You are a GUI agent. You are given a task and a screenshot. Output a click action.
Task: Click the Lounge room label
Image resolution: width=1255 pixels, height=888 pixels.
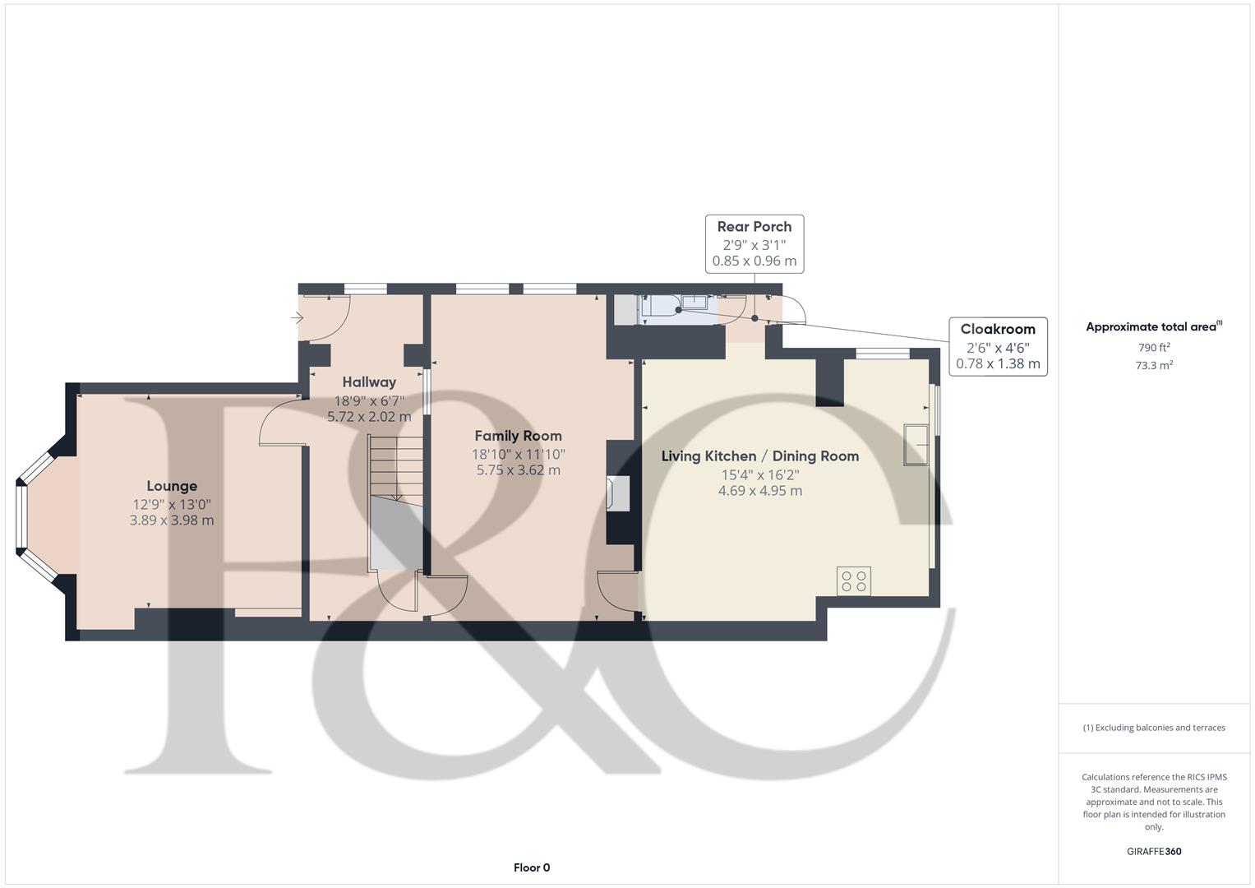click(172, 486)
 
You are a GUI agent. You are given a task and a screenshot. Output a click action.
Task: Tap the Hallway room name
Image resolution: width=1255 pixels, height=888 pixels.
click(369, 382)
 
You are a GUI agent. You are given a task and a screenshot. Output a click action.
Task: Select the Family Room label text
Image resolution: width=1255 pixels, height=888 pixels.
click(518, 436)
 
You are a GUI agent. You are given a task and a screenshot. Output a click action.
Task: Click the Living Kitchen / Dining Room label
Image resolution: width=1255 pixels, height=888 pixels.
click(759, 456)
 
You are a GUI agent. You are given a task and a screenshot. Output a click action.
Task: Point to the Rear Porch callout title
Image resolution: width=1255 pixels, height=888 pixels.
click(754, 226)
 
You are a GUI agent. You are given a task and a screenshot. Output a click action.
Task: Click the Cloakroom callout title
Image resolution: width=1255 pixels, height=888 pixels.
click(998, 329)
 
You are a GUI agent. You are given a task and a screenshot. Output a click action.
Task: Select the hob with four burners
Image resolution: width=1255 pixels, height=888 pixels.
click(854, 581)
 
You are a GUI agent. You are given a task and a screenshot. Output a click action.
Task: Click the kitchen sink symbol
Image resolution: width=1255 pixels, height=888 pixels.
click(917, 445)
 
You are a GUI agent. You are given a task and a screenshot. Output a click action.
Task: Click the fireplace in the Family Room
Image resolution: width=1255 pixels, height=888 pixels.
click(617, 494)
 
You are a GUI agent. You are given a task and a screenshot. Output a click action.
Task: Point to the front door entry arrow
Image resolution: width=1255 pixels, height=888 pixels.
click(297, 317)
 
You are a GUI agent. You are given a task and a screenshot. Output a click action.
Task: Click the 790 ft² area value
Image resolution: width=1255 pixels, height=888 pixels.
click(1154, 348)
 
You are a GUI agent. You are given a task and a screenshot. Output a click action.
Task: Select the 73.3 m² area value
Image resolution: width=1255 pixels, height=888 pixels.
click(1154, 366)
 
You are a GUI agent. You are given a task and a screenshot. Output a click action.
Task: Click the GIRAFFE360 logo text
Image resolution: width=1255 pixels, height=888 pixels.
click(1154, 851)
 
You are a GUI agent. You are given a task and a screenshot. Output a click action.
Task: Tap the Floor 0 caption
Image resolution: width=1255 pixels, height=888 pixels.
click(532, 867)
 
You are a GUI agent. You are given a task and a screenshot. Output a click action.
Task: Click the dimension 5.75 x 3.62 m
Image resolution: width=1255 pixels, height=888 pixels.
click(518, 470)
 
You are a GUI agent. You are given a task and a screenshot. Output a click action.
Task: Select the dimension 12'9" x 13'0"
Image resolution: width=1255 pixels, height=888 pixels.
click(172, 504)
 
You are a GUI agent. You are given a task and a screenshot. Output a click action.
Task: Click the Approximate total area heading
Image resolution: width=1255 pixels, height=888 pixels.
click(1152, 327)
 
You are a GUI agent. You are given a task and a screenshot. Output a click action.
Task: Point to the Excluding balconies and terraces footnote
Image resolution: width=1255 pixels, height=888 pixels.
click(1154, 728)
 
